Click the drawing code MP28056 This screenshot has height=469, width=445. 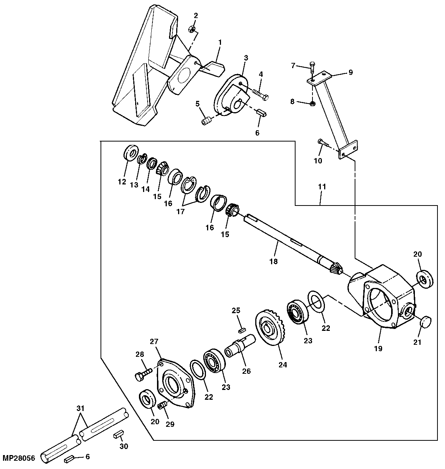tap(19, 458)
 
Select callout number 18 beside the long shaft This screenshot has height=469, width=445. tap(273, 261)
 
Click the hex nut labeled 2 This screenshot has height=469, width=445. tap(192, 29)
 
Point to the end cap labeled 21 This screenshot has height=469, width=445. tap(425, 323)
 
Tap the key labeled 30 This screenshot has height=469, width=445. tap(118, 435)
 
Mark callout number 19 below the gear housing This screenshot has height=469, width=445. tap(378, 349)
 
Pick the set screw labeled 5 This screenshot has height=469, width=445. tap(206, 122)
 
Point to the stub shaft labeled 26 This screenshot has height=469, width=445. tap(240, 344)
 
